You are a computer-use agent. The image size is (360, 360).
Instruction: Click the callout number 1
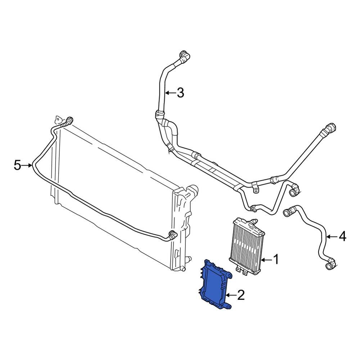[276, 259]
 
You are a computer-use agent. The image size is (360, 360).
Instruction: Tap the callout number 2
[241, 296]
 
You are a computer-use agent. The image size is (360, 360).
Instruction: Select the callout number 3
[180, 93]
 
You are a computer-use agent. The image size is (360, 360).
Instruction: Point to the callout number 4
[342, 237]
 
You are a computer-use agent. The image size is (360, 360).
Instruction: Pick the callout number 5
[18, 165]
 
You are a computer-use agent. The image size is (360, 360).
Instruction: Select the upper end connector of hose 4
[289, 212]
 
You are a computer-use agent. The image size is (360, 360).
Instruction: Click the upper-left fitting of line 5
[68, 121]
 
